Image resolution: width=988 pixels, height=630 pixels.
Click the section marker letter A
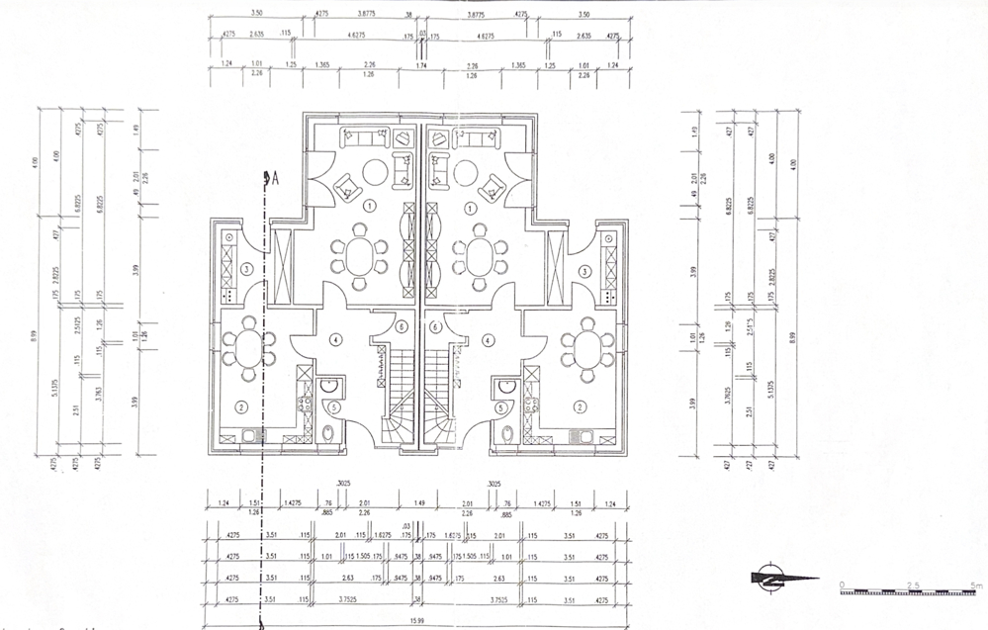coord(275,178)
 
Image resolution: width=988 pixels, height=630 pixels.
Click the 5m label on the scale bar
coord(975,585)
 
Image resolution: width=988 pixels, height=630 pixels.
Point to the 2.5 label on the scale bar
coord(913,585)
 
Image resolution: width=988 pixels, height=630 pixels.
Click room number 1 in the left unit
coord(370,206)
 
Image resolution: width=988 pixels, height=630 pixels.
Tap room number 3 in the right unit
coord(585,270)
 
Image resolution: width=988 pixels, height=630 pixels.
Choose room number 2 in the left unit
coord(240,406)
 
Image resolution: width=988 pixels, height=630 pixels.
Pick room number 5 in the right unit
coord(501,406)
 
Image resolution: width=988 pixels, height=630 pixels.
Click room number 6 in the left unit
coord(402,326)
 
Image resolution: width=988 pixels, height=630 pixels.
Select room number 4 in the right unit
coord(488,339)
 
